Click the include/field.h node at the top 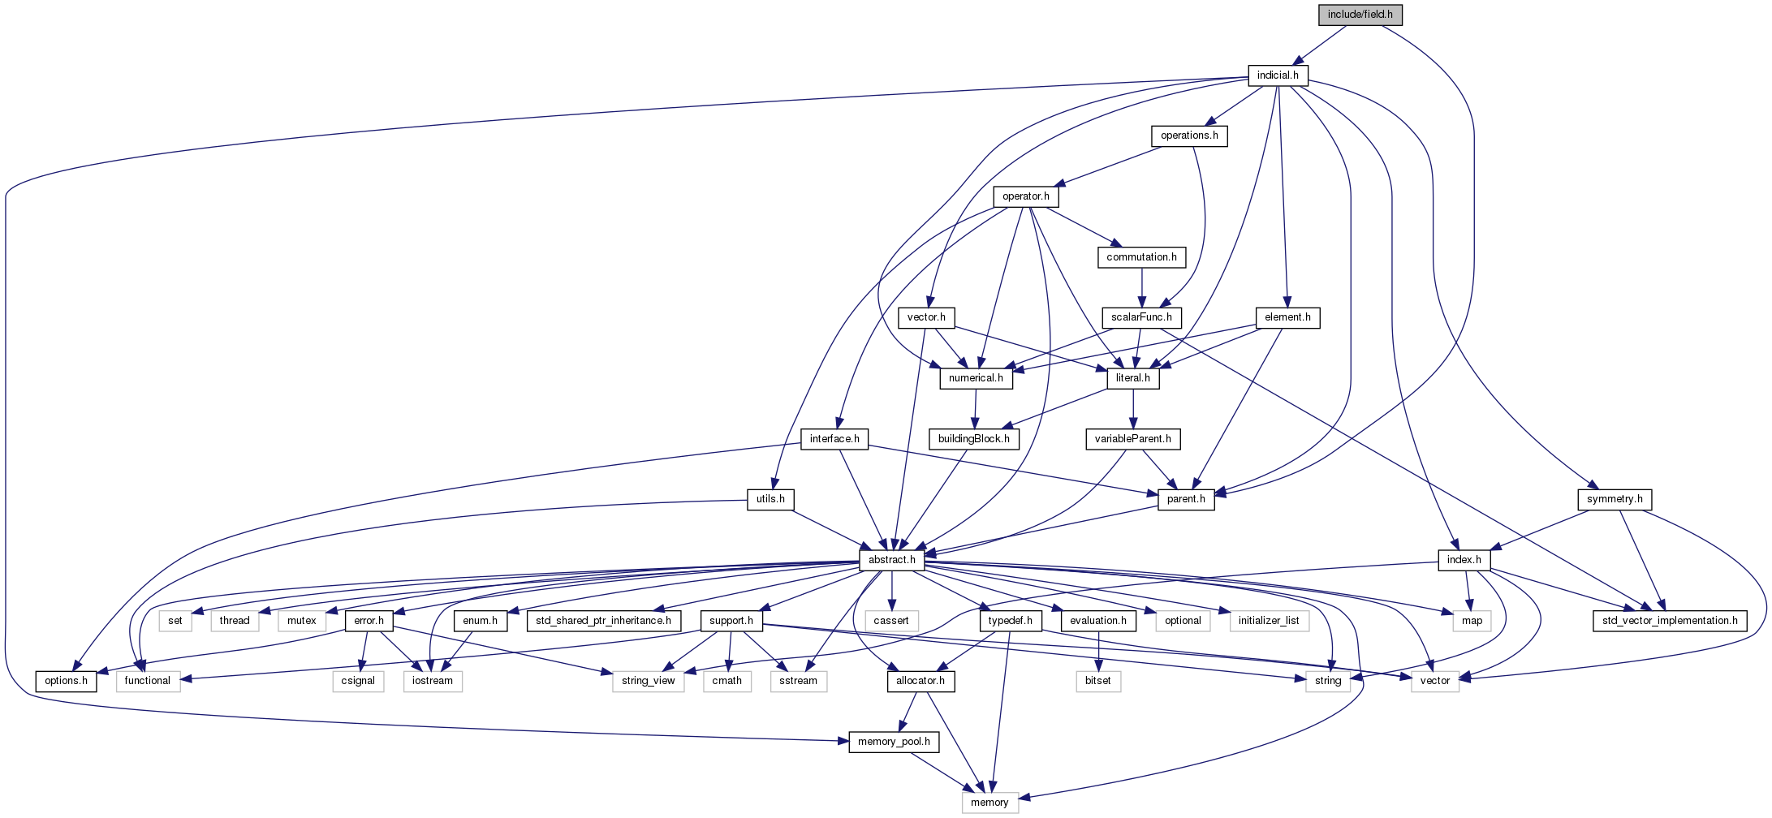coord(1360,15)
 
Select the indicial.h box coord(1278,75)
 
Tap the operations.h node coord(1189,136)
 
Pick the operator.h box coord(1025,196)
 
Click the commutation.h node coord(1141,257)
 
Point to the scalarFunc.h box coord(1141,317)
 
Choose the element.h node coord(1287,317)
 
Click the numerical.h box coord(976,378)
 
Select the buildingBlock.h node coord(973,439)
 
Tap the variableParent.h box coord(1132,439)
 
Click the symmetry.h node coord(1615,499)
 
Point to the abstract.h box coord(891,560)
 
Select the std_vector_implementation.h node coord(1670,621)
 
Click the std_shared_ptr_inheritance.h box coord(603,621)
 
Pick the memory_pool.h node coord(894,742)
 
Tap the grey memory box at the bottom coord(989,803)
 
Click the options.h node coord(66,681)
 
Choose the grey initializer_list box coord(1269,621)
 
